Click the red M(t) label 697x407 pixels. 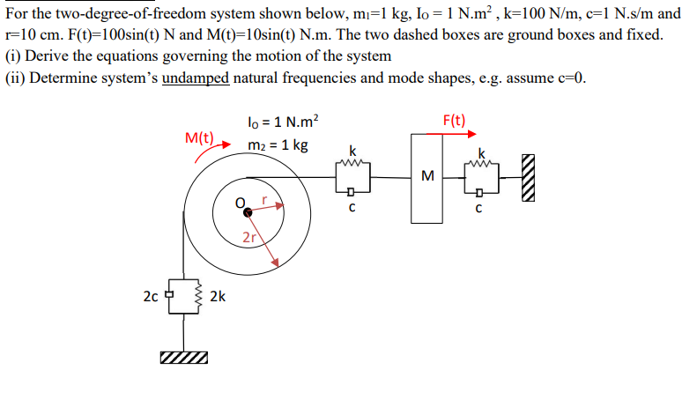(x=200, y=137)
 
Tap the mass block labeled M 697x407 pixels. (x=428, y=175)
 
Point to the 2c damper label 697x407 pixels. (x=150, y=296)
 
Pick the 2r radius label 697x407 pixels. (x=248, y=237)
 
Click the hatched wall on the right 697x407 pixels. (x=528, y=174)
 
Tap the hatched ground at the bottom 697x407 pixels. (x=184, y=358)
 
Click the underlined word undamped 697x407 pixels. (x=195, y=77)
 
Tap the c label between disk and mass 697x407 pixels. (x=352, y=209)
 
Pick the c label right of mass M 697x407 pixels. (x=478, y=209)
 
